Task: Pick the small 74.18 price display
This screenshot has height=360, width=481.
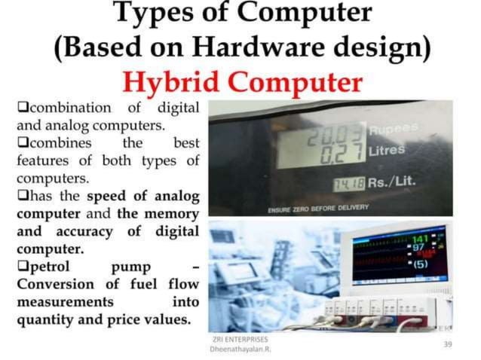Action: (350, 184)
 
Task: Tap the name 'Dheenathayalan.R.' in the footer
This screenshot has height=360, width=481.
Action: (241, 350)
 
